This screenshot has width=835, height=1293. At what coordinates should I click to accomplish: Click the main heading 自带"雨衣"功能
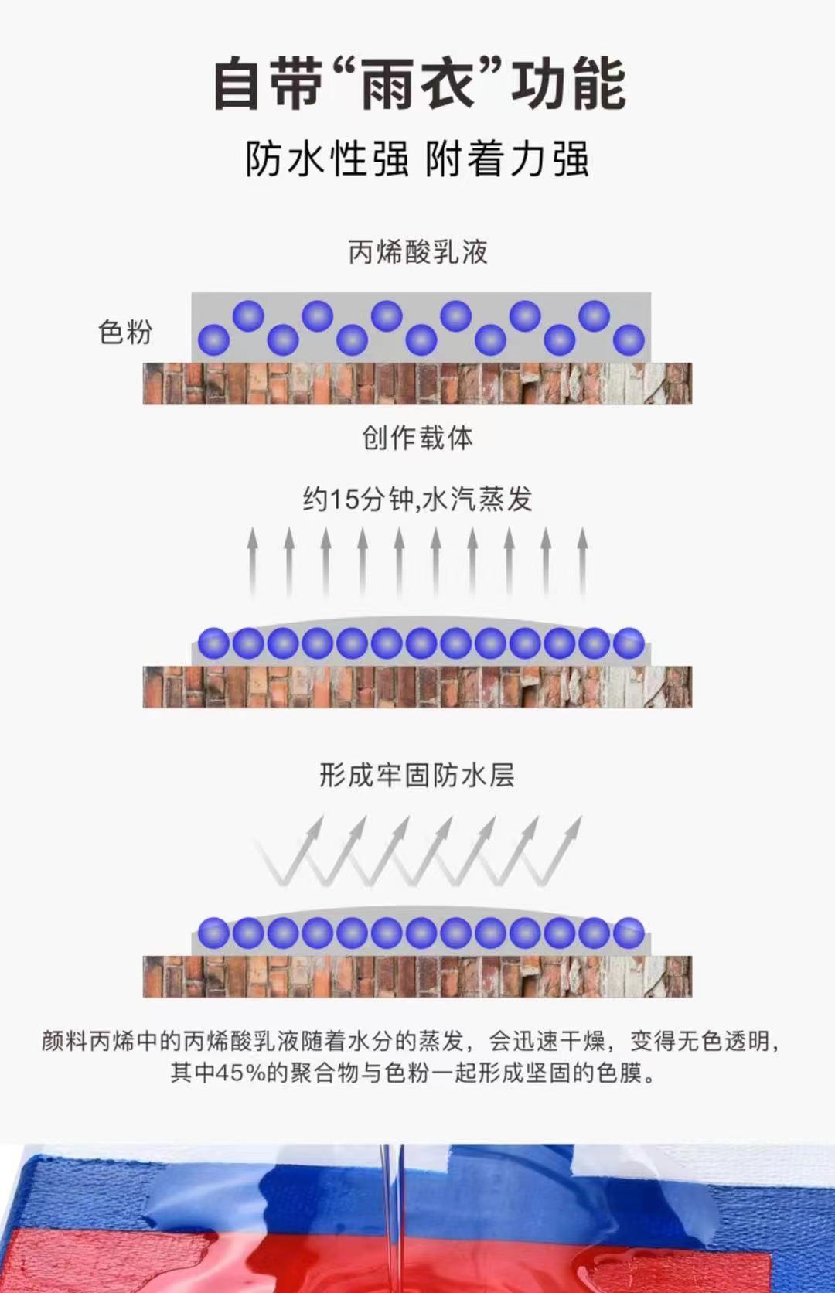tap(418, 84)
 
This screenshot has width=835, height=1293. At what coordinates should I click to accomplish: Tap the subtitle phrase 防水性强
tap(326, 159)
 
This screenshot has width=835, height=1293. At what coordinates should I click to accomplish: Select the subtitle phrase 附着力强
tap(507, 159)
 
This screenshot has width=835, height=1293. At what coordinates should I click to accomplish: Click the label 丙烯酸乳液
tap(417, 252)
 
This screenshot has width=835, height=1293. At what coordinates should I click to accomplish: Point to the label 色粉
tap(125, 333)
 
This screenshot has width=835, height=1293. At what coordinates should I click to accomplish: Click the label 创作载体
tap(417, 438)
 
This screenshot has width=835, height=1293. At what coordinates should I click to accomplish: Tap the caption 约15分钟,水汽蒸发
tap(417, 499)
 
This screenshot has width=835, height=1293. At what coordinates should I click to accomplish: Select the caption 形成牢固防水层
tap(417, 774)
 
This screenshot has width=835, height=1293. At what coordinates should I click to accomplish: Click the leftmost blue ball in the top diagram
tap(214, 339)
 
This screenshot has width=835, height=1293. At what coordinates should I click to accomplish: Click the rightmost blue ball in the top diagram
tap(629, 339)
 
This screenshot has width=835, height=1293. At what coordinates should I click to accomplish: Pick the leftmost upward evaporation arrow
tap(253, 561)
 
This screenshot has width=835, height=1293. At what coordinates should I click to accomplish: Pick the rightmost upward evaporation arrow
tap(582, 561)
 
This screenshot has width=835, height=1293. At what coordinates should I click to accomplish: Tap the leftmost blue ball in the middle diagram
tap(214, 643)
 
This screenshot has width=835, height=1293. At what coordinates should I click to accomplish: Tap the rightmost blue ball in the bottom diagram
tap(629, 933)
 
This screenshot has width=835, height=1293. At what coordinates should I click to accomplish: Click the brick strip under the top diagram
tap(417, 384)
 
